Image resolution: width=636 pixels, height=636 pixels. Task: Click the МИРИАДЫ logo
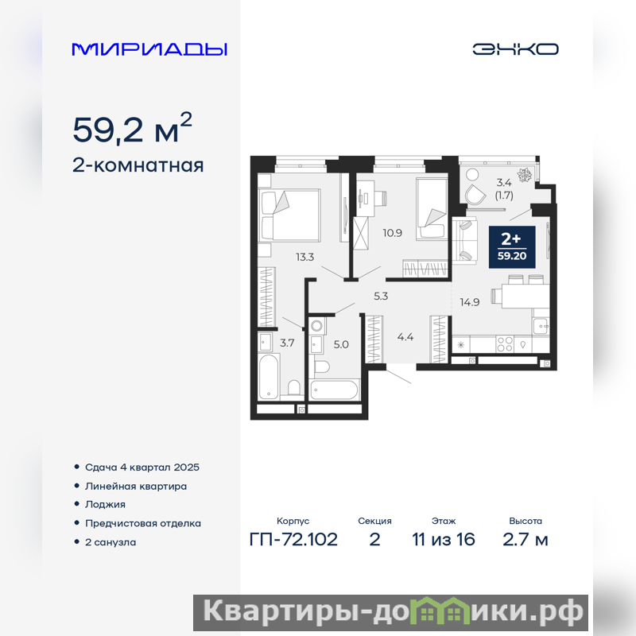click(x=149, y=49)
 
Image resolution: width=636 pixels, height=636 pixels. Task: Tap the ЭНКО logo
click(x=515, y=49)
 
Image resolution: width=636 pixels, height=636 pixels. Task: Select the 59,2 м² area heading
click(x=132, y=128)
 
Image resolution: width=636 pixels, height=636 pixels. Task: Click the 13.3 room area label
click(x=304, y=257)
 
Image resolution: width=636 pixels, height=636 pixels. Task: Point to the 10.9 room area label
click(x=392, y=233)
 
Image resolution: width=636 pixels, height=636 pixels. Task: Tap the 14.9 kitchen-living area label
click(x=469, y=302)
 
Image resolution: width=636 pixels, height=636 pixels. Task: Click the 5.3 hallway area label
click(x=381, y=296)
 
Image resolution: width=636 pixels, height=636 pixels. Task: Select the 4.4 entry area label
click(x=405, y=336)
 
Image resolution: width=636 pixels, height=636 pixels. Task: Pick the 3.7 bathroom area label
click(x=287, y=343)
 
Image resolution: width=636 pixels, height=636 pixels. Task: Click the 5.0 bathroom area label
click(x=341, y=345)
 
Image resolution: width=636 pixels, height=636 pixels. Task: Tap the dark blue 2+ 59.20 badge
click(x=512, y=247)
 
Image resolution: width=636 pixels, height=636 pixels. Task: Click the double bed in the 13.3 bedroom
click(x=289, y=214)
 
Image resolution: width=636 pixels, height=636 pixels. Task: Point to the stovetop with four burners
click(x=505, y=344)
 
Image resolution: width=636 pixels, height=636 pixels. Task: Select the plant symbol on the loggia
click(x=525, y=176)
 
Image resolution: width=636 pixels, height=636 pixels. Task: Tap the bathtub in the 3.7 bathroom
click(x=268, y=377)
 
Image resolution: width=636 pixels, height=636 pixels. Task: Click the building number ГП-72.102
click(x=293, y=540)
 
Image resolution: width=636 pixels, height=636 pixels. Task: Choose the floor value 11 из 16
click(x=444, y=540)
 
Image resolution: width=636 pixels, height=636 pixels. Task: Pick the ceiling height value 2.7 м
click(x=525, y=540)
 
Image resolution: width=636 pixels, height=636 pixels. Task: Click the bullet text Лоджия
click(x=105, y=505)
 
